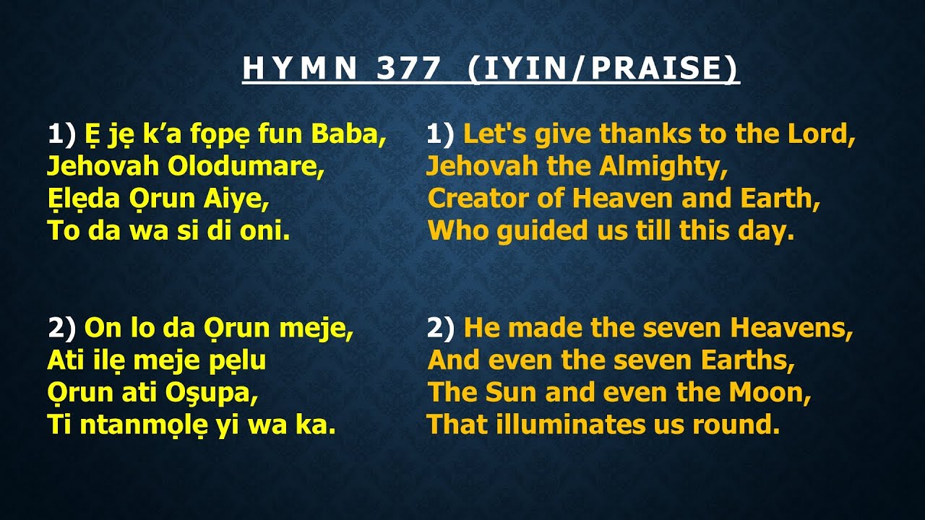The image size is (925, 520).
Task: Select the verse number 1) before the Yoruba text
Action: (62, 134)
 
